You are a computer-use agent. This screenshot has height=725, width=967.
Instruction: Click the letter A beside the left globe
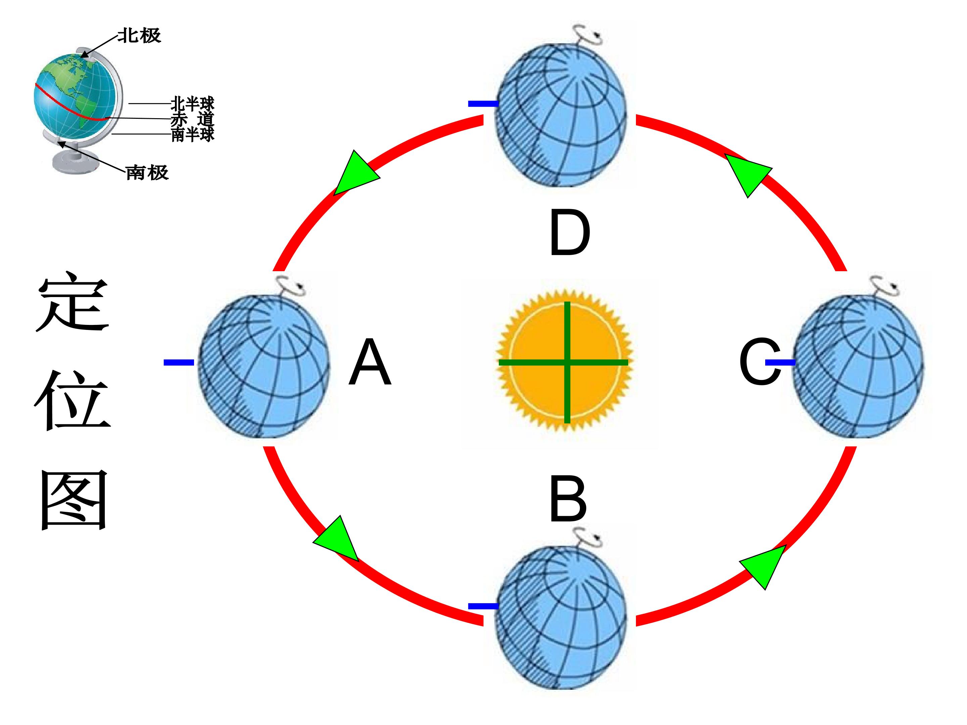pos(370,362)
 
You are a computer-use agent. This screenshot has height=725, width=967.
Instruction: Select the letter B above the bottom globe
pos(567,499)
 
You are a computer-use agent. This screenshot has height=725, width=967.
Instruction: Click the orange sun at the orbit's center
pos(564,361)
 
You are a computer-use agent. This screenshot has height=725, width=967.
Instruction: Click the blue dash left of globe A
pos(179,362)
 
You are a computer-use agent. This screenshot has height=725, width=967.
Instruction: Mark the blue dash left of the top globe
pos(483,104)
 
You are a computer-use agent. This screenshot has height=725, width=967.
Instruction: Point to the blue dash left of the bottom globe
pos(483,606)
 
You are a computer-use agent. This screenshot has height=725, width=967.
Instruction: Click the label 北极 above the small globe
pos(139,35)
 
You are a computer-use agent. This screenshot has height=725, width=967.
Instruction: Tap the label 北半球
pos(192,104)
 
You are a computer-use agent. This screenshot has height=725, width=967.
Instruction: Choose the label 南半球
pos(192,134)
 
